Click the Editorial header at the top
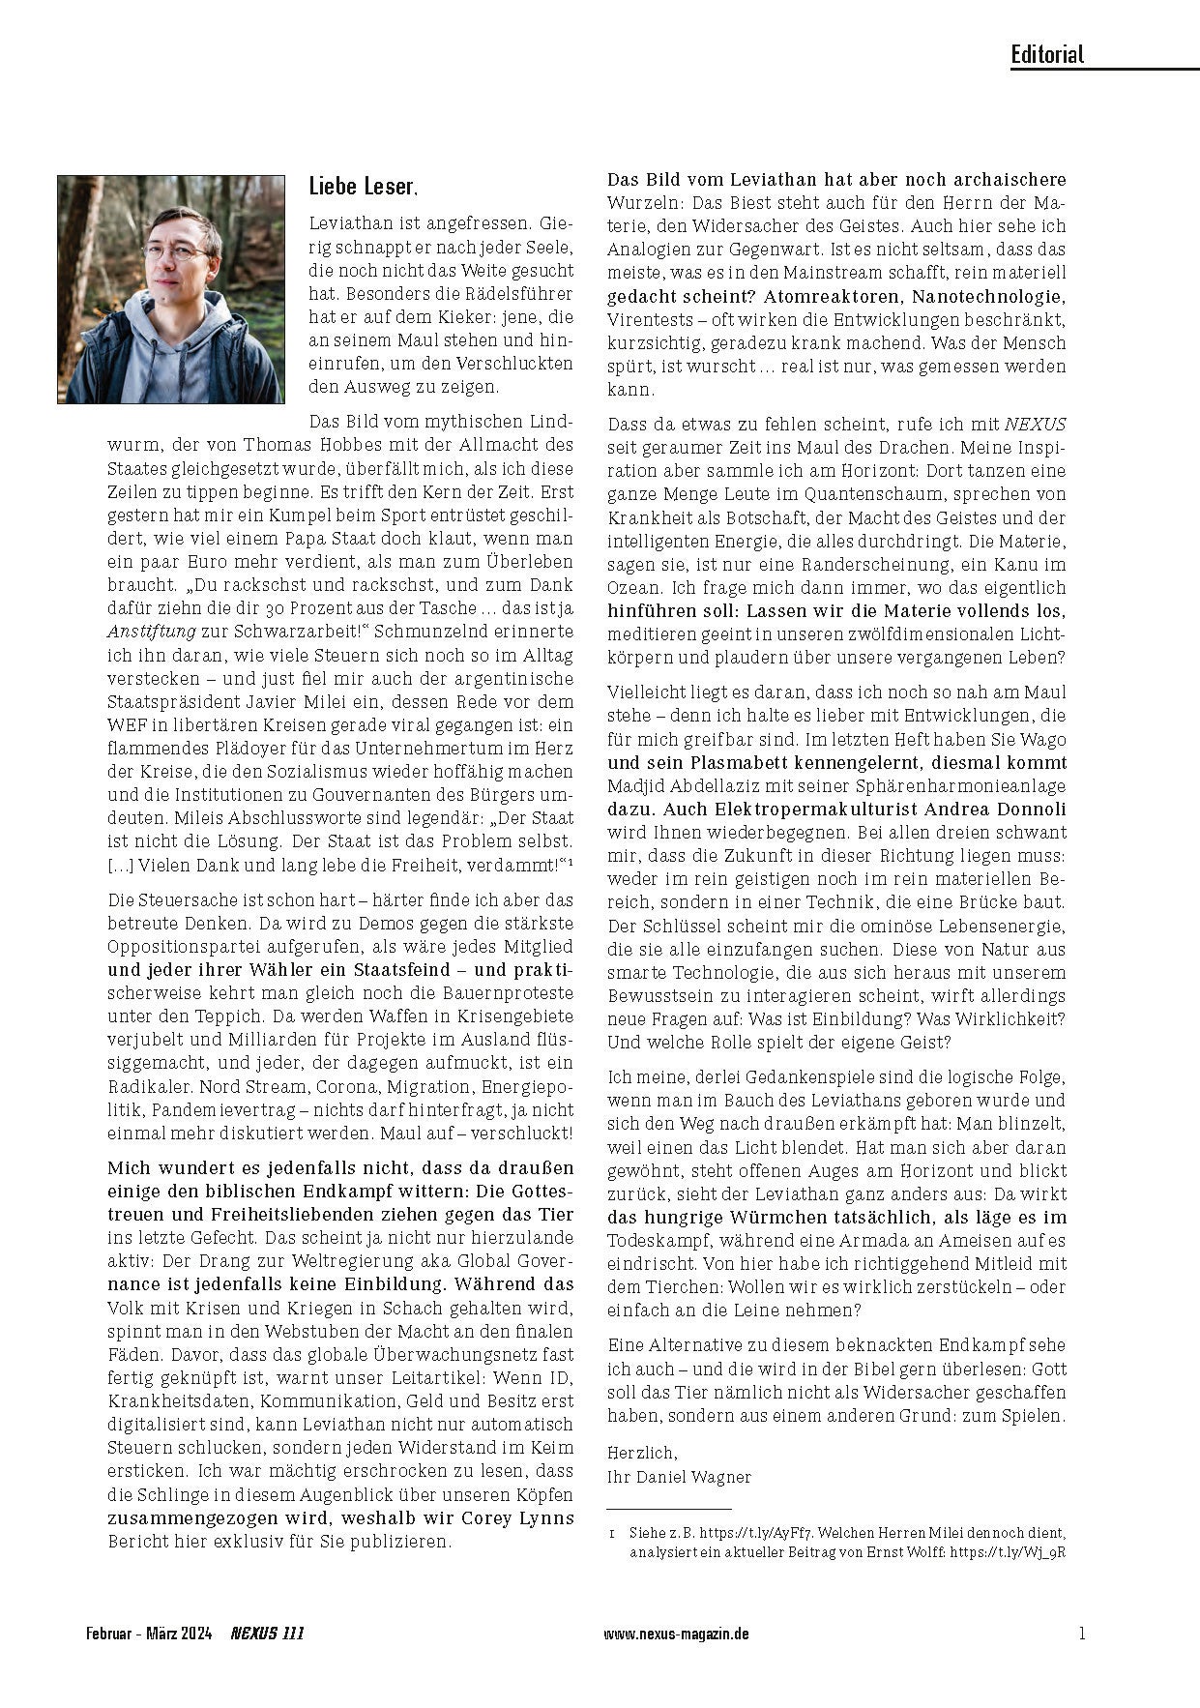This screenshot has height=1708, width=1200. click(x=1047, y=54)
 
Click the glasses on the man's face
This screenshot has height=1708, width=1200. click(x=177, y=250)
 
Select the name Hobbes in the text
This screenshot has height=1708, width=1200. click(x=336, y=446)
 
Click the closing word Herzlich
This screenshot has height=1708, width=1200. click(x=642, y=1453)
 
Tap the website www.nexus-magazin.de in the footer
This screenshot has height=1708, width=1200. click(x=676, y=1634)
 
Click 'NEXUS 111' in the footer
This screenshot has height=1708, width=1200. click(x=267, y=1634)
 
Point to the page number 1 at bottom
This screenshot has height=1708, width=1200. click(x=1081, y=1634)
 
